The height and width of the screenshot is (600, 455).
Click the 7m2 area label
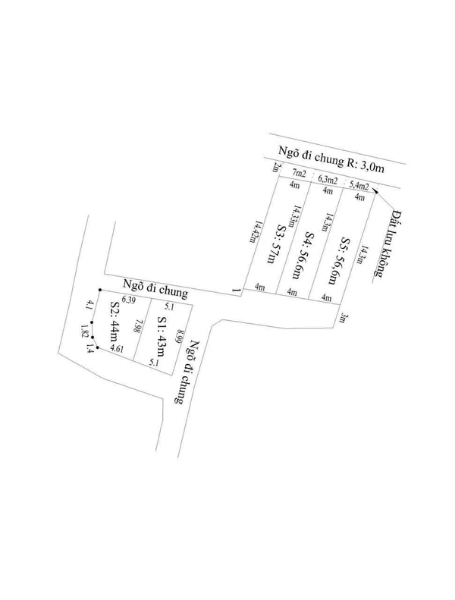(299, 174)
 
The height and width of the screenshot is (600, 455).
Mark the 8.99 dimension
(179, 336)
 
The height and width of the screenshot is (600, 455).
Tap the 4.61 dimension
(116, 349)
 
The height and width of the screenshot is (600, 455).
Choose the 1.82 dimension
(85, 331)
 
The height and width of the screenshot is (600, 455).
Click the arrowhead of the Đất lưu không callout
(375, 191)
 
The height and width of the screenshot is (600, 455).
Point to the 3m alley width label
(343, 318)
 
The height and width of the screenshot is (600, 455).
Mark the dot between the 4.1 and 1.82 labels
(92, 322)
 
